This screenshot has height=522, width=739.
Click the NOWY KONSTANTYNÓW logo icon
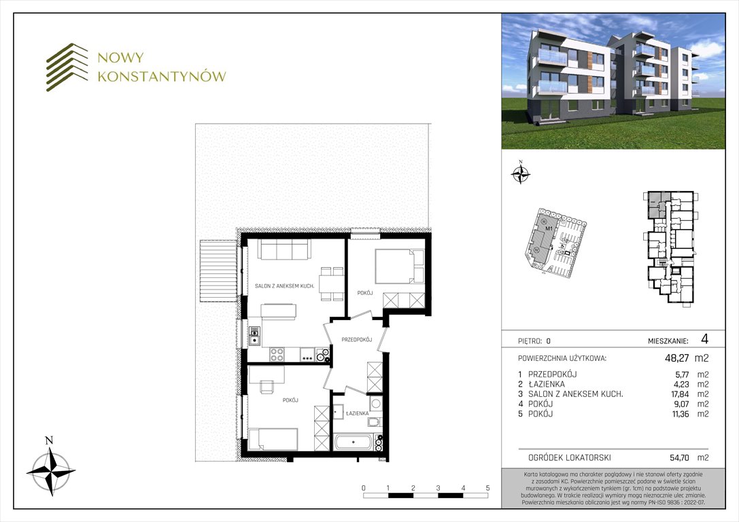67,67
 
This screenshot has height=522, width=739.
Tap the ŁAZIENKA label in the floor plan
357,413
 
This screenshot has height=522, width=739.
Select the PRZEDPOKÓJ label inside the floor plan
355,338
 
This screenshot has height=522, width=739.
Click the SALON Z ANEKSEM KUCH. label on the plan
283,286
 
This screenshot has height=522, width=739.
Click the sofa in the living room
283,250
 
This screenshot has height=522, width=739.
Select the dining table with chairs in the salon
332,283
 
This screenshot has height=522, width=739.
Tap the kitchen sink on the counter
254,335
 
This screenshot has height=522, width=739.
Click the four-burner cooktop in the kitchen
277,354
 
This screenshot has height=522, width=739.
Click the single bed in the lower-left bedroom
273,438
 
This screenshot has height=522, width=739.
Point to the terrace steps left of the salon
217,271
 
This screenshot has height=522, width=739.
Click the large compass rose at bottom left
50,469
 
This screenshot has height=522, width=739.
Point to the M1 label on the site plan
549,229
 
